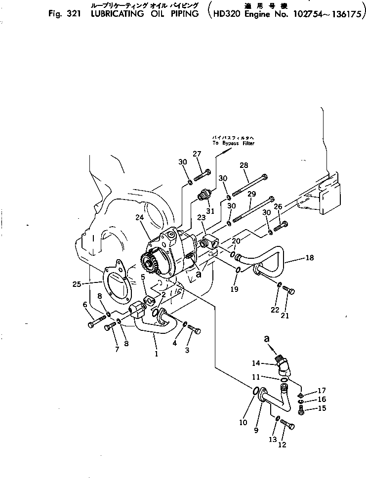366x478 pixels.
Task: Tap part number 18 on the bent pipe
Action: pos(309,258)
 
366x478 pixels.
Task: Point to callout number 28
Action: pos(244,165)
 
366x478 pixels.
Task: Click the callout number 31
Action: pos(210,212)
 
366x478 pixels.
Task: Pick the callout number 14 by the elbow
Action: pos(256,363)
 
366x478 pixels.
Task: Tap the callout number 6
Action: pos(85,305)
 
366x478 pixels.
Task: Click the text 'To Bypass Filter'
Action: pos(233,143)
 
